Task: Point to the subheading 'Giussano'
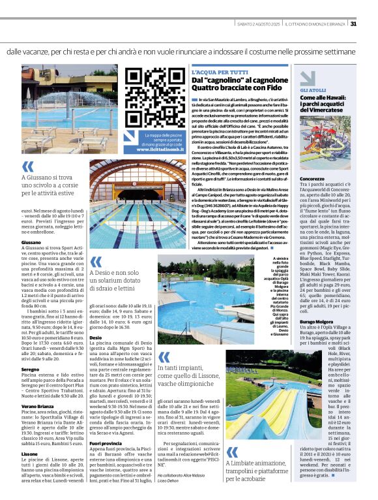pos(31,242)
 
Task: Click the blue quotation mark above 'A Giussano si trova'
pos(27,166)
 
